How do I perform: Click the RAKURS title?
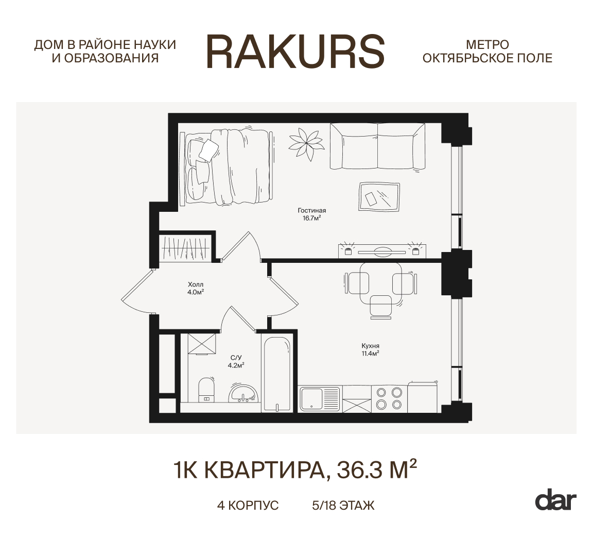click(295, 52)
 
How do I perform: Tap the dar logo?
click(555, 500)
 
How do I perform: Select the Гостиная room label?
click(311, 214)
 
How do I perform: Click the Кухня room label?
click(370, 349)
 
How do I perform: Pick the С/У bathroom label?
click(236, 361)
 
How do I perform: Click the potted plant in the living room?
click(305, 143)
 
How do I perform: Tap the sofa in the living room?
click(377, 146)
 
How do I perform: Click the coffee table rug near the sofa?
click(379, 197)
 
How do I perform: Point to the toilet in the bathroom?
click(207, 390)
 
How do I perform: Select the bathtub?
click(277, 373)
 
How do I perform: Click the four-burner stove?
click(389, 398)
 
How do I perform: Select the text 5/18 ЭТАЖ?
click(343, 506)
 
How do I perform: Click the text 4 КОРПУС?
click(248, 506)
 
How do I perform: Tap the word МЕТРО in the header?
click(487, 45)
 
